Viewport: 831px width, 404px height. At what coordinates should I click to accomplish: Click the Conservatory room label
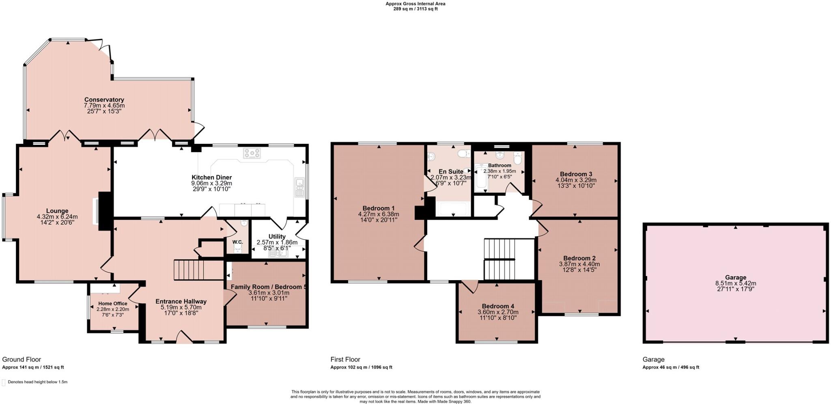(x=104, y=99)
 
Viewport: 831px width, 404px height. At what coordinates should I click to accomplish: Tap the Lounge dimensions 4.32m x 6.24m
(x=57, y=217)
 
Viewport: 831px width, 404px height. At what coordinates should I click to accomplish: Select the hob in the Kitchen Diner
(x=252, y=153)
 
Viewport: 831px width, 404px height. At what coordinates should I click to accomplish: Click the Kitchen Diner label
(x=211, y=177)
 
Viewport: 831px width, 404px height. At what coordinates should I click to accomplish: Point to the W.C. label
(x=237, y=242)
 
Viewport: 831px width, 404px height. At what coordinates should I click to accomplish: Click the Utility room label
(x=277, y=236)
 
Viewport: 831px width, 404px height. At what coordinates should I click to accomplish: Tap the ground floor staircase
(x=188, y=270)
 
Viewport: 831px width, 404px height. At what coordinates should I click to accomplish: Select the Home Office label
(x=112, y=303)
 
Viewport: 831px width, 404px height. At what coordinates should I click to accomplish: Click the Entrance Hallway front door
(x=184, y=338)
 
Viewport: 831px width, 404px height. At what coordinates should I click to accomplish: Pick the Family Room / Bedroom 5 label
(x=268, y=287)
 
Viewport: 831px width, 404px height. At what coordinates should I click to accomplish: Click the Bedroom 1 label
(x=378, y=208)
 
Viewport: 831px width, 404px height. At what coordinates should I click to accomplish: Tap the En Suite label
(x=450, y=171)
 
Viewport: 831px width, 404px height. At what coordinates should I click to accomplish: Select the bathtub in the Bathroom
(x=481, y=178)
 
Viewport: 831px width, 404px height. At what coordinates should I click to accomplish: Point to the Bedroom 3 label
(x=575, y=174)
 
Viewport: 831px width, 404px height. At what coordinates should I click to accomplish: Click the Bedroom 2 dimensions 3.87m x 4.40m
(x=579, y=264)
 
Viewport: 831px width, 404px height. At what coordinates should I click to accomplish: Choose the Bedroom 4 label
(x=498, y=306)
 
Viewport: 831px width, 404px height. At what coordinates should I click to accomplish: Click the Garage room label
(x=735, y=278)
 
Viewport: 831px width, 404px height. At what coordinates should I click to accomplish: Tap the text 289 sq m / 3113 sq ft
(x=415, y=9)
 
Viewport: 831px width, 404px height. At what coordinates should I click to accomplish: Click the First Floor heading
(x=345, y=359)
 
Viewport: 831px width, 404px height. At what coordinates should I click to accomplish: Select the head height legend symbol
(x=4, y=382)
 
